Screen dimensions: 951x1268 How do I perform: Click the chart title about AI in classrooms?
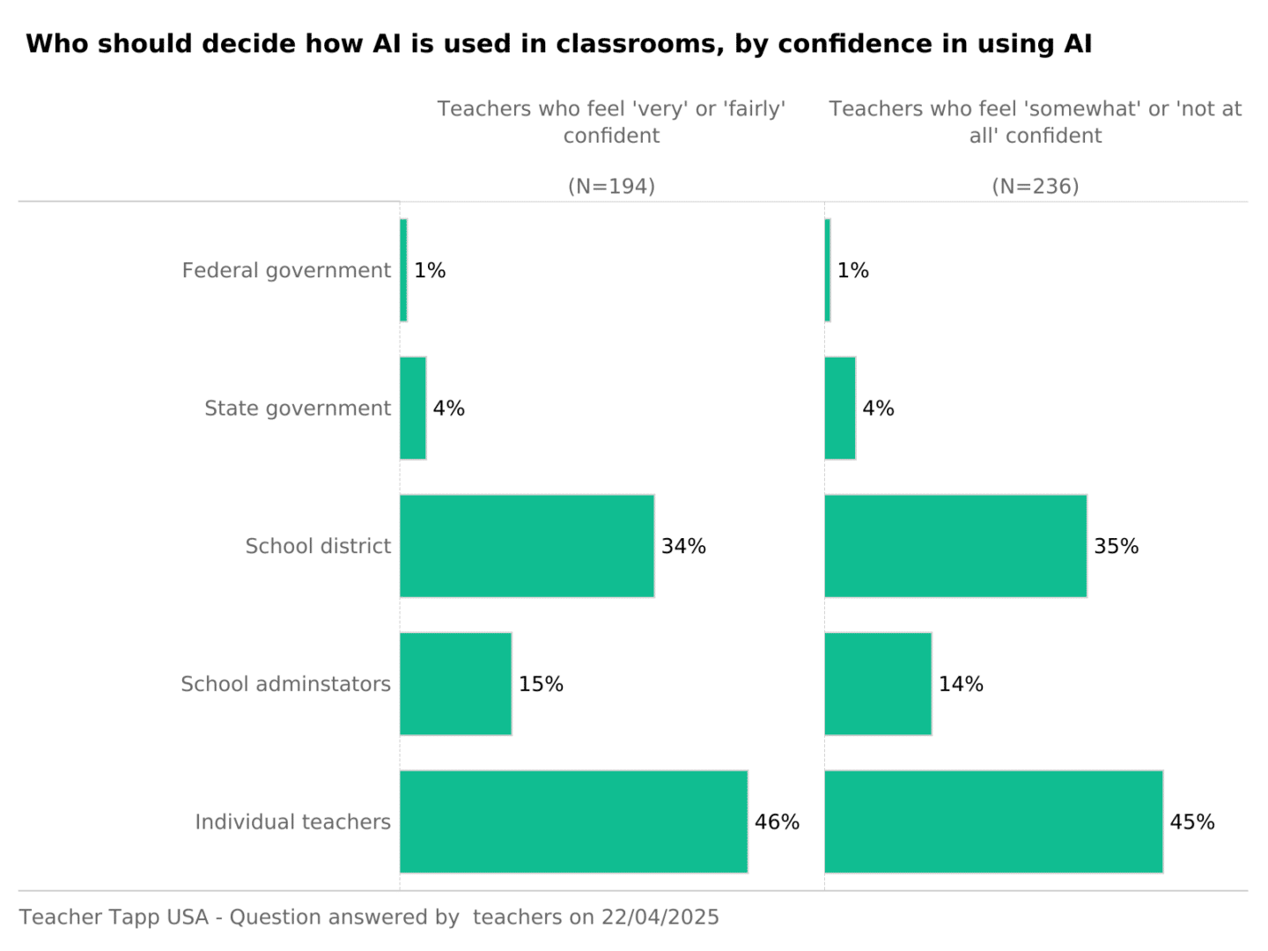(x=558, y=44)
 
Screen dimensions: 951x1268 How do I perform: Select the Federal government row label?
(x=286, y=270)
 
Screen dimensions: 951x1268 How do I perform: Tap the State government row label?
(x=298, y=409)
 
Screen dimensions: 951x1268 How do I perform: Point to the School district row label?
(x=318, y=546)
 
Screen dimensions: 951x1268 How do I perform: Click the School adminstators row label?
(x=285, y=684)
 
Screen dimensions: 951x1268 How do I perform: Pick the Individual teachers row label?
(x=292, y=822)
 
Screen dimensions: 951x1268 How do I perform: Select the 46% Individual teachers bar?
(x=573, y=822)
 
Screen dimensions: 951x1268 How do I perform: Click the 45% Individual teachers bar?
(x=993, y=822)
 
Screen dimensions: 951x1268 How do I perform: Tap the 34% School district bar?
(x=527, y=546)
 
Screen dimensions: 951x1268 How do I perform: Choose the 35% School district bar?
(x=955, y=546)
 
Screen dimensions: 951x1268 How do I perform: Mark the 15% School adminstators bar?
(x=455, y=684)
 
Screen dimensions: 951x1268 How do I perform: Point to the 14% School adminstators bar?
(x=878, y=684)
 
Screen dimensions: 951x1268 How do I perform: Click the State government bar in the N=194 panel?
(x=413, y=409)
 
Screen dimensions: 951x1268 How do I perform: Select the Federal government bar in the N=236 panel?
(x=828, y=270)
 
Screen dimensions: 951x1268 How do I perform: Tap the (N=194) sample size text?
(x=611, y=187)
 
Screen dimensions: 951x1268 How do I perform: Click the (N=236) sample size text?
(x=1036, y=187)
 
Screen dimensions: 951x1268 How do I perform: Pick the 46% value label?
(x=777, y=822)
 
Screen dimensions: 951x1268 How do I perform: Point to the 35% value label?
(x=1116, y=546)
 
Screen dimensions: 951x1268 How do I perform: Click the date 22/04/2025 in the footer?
(x=660, y=918)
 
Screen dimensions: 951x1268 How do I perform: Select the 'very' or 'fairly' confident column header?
(x=611, y=122)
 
